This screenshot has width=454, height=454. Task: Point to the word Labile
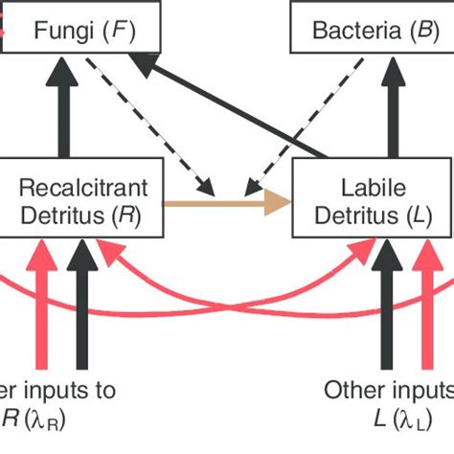(x=366, y=186)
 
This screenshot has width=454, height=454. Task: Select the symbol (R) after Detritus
(x=127, y=215)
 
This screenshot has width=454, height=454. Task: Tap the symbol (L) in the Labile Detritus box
(x=414, y=215)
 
